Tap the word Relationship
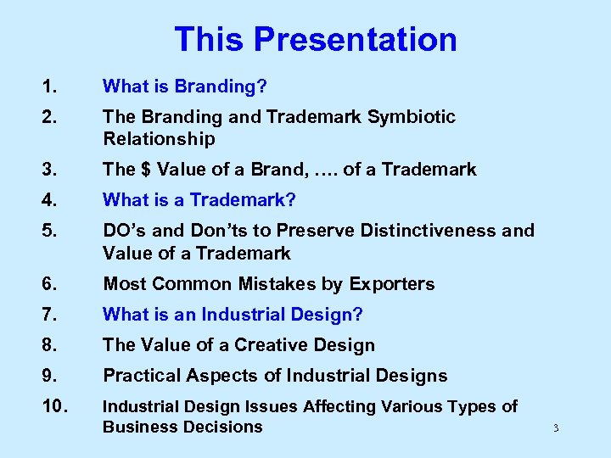coord(159,138)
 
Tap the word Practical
coord(140,376)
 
